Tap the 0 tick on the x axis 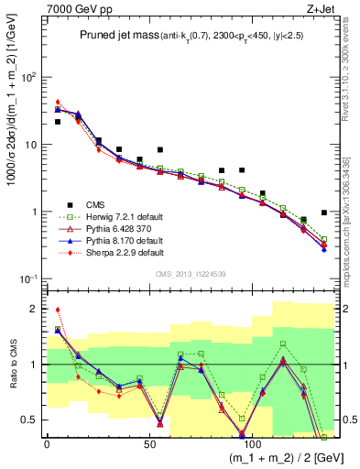coord(47,444)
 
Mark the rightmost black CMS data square coord(324,213)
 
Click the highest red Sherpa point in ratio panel coord(58,310)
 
